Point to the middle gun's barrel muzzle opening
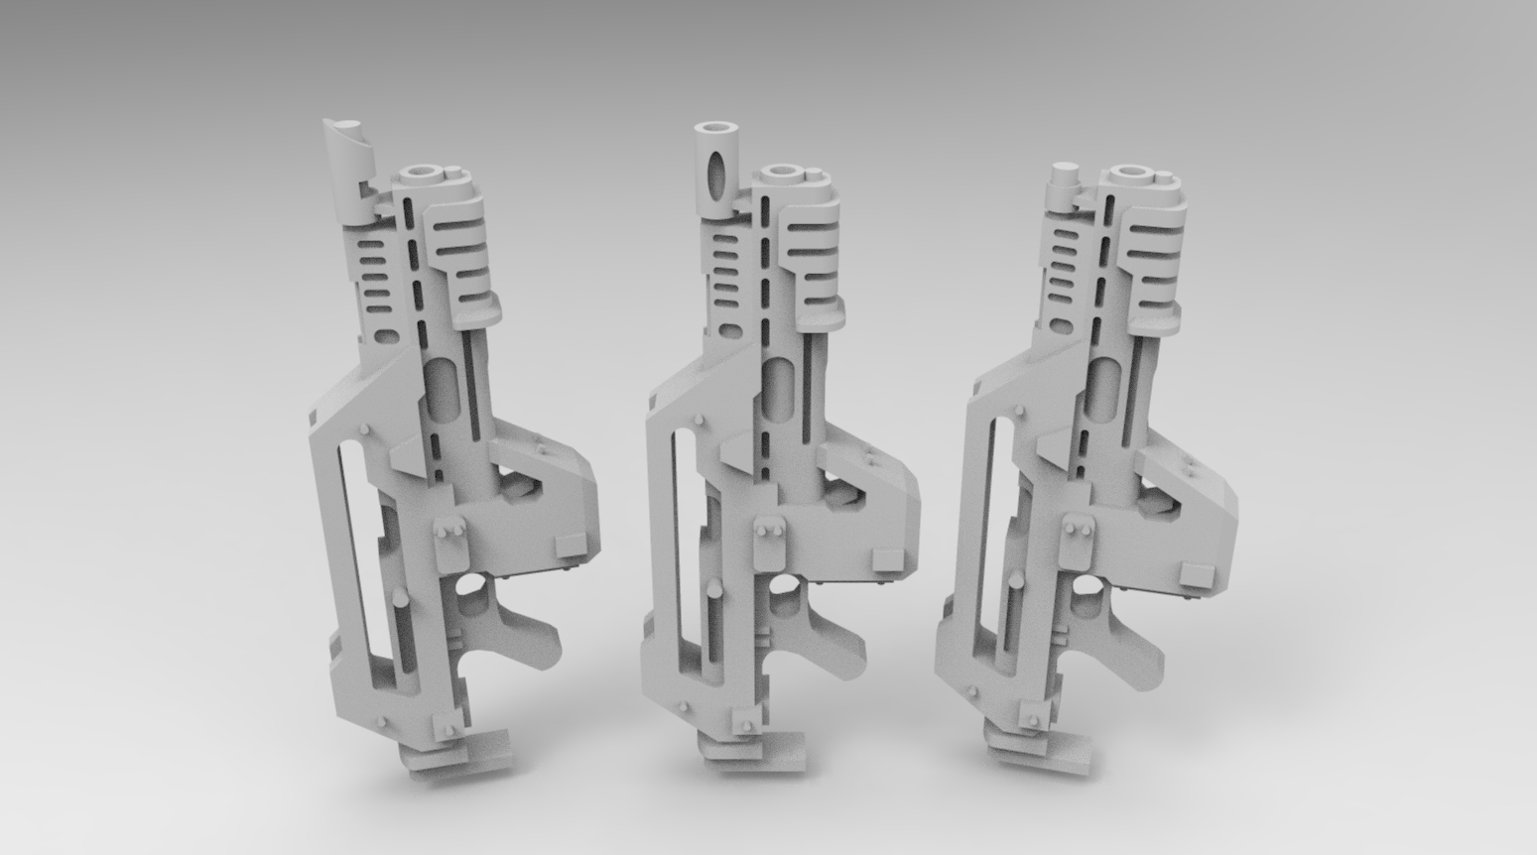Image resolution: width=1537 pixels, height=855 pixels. pos(784,172)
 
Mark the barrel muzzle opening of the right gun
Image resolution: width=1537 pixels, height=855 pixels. pos(1130,174)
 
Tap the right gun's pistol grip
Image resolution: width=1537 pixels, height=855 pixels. pos(1131,646)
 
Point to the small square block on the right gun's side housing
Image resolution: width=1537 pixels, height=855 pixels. pos(1197,574)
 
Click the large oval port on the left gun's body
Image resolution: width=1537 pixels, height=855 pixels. pos(443,387)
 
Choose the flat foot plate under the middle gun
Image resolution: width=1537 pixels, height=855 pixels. pos(769,749)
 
